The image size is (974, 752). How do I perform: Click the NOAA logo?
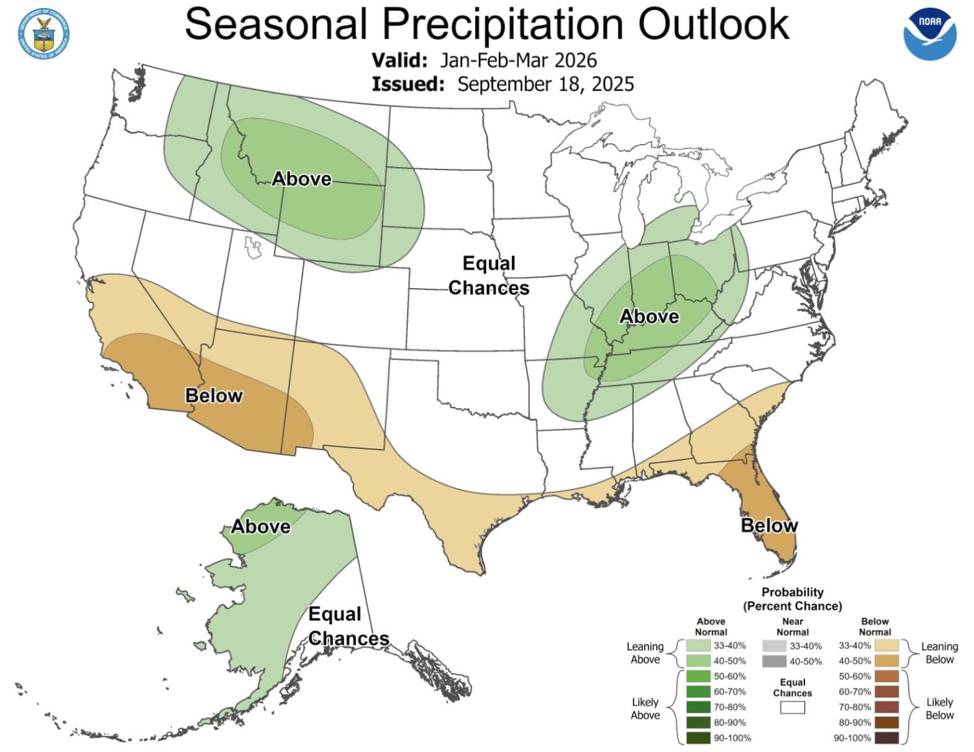[x=929, y=35]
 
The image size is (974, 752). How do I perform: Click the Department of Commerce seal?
[x=43, y=34]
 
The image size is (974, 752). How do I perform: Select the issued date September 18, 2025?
[x=545, y=84]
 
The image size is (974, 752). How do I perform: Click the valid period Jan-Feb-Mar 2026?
[x=518, y=60]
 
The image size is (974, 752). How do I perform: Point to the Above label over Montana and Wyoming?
[x=302, y=179]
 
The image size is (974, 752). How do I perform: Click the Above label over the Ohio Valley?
[x=649, y=317]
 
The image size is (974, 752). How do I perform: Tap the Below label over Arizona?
[x=214, y=396]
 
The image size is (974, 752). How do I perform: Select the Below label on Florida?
[x=769, y=525]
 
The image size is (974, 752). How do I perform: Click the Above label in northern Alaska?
[x=261, y=527]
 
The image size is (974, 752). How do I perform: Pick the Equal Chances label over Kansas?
[x=489, y=276]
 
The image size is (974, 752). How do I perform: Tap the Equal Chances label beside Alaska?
[x=348, y=626]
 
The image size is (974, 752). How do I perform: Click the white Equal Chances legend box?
[x=792, y=707]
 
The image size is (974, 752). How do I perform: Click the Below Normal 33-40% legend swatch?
[x=886, y=646]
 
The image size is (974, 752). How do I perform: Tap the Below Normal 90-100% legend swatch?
[x=886, y=738]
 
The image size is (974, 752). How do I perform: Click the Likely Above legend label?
[x=645, y=708]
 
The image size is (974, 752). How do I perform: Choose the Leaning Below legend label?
[x=939, y=653]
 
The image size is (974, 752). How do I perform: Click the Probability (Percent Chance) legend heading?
[x=792, y=599]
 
